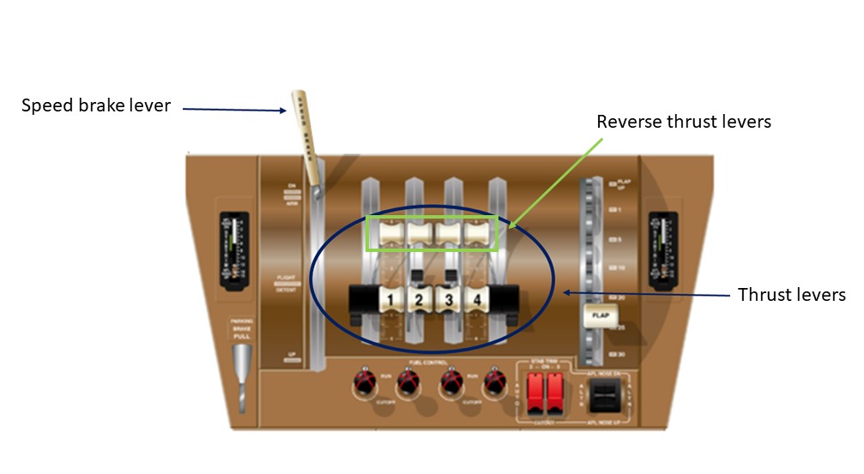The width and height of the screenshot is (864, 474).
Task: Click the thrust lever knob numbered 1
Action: click(x=390, y=299)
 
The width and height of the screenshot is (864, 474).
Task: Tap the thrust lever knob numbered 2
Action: click(x=419, y=299)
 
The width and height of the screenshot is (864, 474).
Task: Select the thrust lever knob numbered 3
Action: click(x=448, y=299)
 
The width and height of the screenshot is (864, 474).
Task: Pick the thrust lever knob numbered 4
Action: click(x=477, y=299)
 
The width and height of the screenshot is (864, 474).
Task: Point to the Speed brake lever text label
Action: click(x=96, y=106)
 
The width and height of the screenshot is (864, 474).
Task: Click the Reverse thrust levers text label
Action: click(x=684, y=122)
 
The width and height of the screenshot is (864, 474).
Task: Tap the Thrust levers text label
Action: click(x=792, y=295)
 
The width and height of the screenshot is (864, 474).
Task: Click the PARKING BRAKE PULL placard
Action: click(x=241, y=331)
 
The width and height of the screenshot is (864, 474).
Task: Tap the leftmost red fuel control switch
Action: click(x=364, y=381)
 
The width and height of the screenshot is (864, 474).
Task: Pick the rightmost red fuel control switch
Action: click(x=492, y=381)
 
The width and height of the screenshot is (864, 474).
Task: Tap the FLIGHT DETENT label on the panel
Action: click(x=287, y=284)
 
